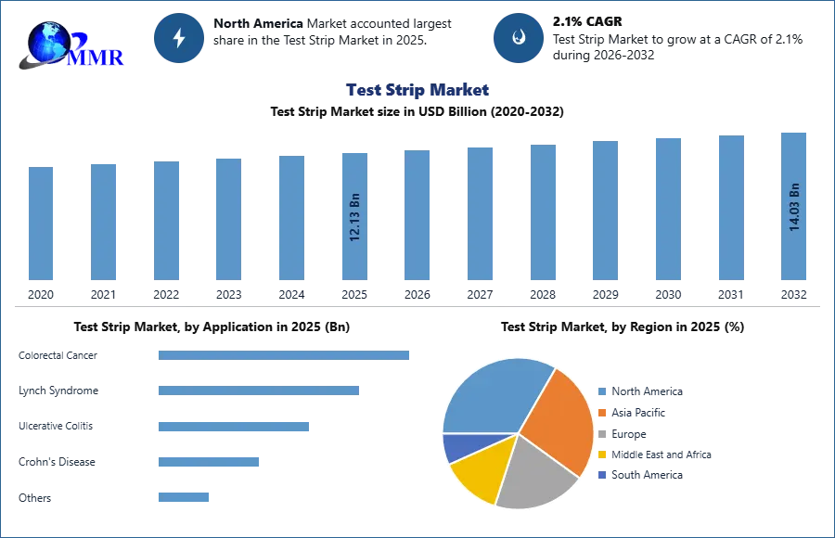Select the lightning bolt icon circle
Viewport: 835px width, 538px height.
(x=180, y=38)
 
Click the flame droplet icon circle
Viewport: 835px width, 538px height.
(x=519, y=38)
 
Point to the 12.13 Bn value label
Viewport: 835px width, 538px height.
(x=355, y=217)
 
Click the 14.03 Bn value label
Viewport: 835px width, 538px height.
(x=794, y=207)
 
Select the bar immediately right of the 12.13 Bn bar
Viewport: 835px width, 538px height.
(x=416, y=215)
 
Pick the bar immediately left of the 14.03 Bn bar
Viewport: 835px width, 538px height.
(x=730, y=208)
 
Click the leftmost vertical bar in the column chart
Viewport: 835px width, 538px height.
(x=41, y=223)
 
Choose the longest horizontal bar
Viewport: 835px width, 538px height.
(x=285, y=355)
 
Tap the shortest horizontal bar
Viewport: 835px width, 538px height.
(x=185, y=497)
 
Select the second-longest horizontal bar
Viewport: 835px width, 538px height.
(x=259, y=392)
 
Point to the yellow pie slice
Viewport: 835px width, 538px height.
(x=480, y=468)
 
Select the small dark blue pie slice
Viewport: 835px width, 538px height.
(x=457, y=447)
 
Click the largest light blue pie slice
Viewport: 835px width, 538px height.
(x=492, y=394)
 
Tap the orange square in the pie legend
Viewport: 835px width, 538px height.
(x=602, y=414)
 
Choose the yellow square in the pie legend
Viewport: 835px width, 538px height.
(x=602, y=455)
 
